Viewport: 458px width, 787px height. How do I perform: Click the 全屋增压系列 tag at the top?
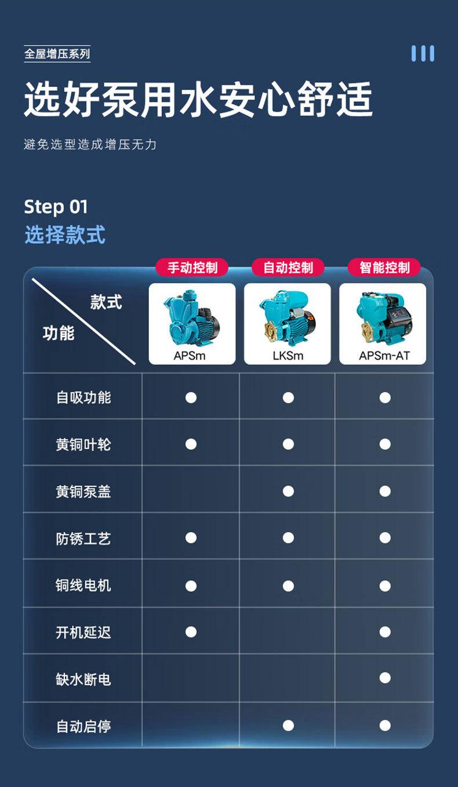[57, 54]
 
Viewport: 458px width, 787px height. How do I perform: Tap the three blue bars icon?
[423, 53]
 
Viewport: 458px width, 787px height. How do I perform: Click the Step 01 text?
[56, 207]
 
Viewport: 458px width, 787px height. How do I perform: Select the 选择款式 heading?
[65, 235]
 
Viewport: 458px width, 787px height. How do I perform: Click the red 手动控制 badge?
[192, 268]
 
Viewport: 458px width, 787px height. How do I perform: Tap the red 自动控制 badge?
[288, 268]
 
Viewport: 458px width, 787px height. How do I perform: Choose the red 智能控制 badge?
[384, 268]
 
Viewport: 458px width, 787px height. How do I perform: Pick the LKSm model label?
[288, 356]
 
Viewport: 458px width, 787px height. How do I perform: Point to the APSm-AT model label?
[384, 356]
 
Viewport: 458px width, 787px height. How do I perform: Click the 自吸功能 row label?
[83, 397]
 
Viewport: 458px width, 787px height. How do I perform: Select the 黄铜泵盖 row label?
[83, 492]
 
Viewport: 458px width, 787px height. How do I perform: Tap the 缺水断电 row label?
[83, 679]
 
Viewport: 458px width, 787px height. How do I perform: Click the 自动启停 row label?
[83, 726]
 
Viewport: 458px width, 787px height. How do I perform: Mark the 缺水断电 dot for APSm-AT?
[385, 678]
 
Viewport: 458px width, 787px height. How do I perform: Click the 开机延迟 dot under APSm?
[191, 631]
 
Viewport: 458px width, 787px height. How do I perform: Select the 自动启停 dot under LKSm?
[288, 726]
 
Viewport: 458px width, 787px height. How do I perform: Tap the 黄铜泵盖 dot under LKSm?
[288, 491]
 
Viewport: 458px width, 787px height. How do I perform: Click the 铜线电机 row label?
[83, 585]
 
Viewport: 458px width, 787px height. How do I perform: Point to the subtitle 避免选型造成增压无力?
[90, 144]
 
